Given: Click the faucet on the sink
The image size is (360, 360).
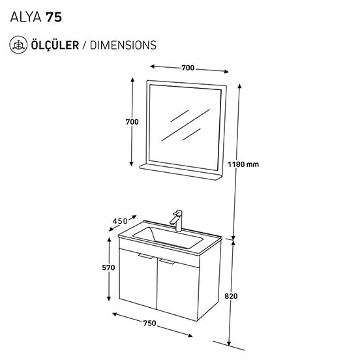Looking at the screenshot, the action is tap(177, 220).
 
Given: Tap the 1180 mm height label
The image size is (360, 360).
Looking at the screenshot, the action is tap(243, 164).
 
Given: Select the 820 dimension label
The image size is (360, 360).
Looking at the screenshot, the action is tap(231, 296).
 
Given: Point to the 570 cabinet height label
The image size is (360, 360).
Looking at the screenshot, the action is tap(108, 267).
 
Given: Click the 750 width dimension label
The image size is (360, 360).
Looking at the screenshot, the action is tap(149, 323).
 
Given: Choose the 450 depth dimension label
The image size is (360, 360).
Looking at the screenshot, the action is tap(120, 221).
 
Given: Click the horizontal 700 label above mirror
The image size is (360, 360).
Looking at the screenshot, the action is tap(188, 68).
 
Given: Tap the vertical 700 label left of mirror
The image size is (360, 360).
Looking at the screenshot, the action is tap(132, 122).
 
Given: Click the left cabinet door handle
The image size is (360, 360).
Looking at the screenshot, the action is tap(145, 256).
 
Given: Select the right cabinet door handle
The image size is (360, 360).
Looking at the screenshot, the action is tap(167, 262).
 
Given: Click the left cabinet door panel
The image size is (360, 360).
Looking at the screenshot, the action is tap(138, 279).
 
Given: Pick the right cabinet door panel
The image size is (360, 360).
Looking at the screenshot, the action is tap(178, 290).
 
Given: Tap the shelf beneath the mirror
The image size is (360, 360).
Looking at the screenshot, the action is tap(181, 172).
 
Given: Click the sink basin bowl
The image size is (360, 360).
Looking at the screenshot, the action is tap(168, 237).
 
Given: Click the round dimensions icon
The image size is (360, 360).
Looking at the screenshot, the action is tap(18, 45).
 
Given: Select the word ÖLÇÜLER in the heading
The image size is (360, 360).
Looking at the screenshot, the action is tap(55, 45).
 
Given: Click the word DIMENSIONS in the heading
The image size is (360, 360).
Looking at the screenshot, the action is tap(123, 45).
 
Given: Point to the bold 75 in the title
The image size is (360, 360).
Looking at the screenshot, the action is tap(53, 17).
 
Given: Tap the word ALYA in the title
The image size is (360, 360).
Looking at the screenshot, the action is tap(25, 17).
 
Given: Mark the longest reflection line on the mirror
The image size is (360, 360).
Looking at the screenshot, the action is tap(185, 125).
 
